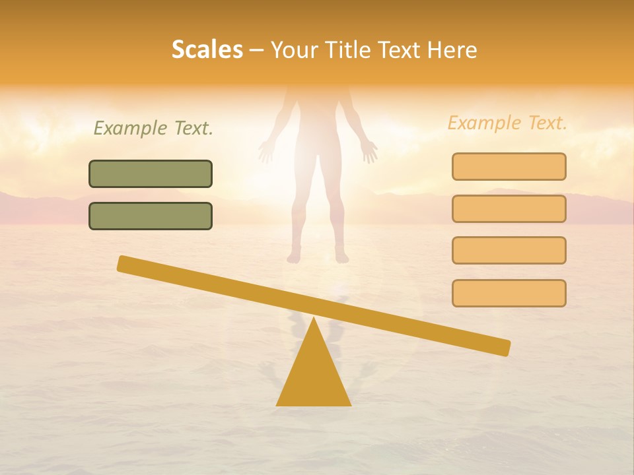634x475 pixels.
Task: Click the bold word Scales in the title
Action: [207, 49]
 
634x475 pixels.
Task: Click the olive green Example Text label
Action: [153, 128]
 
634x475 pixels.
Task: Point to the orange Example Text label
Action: [507, 123]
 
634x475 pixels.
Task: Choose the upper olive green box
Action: [151, 174]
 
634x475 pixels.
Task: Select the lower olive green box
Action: [151, 216]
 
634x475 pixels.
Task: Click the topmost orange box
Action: [509, 166]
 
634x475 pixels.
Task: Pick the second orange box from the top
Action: [509, 208]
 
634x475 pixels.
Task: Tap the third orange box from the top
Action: [509, 250]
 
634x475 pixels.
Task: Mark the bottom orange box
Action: [509, 293]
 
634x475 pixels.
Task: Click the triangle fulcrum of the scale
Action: [313, 376]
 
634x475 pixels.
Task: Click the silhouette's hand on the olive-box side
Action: [266, 152]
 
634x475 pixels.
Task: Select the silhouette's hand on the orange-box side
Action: [369, 151]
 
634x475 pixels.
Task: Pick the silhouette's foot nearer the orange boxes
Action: [341, 255]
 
